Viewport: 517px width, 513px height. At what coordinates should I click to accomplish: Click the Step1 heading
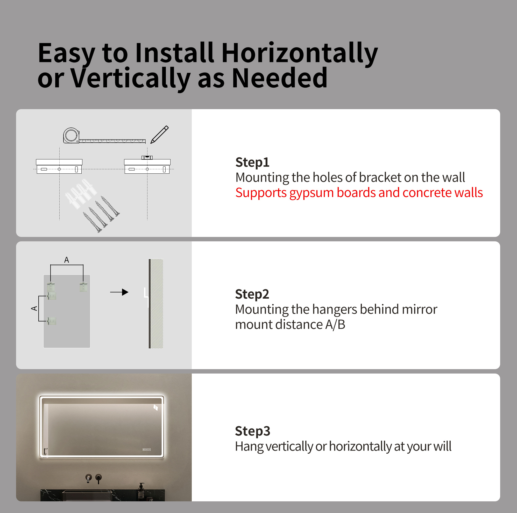coord(252,163)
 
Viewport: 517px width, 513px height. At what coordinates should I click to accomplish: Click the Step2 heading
coord(252,294)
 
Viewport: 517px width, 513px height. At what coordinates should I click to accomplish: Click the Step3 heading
coord(252,431)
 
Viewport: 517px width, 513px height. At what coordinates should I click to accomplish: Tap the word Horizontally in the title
coord(299,53)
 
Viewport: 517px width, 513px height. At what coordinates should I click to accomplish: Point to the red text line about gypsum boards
coord(359,193)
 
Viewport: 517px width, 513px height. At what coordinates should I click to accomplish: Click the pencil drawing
coord(159,134)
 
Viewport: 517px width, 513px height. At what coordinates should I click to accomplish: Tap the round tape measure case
coord(71,135)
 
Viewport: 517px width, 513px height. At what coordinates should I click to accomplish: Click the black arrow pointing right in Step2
coord(119,292)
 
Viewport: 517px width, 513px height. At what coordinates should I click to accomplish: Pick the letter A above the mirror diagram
coord(67,260)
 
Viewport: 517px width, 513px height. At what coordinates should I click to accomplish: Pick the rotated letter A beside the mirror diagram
coord(34,308)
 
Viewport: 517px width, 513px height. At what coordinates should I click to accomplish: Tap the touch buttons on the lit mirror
coord(147,449)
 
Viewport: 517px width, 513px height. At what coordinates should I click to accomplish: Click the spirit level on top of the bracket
coord(147,157)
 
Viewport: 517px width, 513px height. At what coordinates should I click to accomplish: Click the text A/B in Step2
coord(335,325)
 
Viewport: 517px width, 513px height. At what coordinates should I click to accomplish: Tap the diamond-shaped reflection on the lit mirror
coord(155,407)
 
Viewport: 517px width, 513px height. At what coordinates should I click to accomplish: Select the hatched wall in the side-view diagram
coord(156,304)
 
